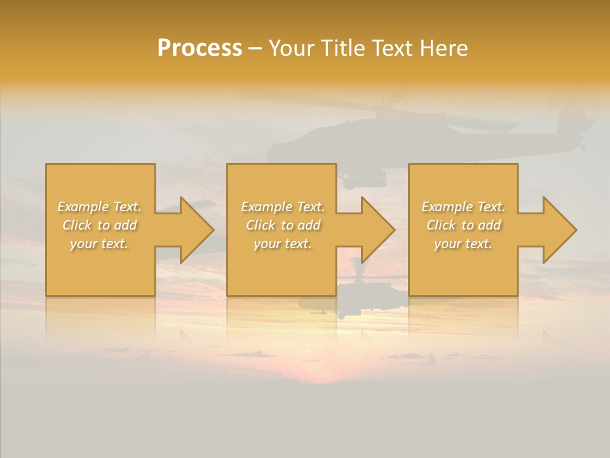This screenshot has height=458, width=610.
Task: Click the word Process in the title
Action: tap(200, 48)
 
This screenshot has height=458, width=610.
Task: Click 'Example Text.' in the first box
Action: tap(100, 207)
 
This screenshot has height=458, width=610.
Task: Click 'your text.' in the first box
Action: tap(100, 244)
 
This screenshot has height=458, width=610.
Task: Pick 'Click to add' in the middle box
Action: tap(283, 225)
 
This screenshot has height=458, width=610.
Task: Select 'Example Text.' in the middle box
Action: tap(283, 207)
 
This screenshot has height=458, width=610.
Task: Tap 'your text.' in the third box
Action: tap(463, 244)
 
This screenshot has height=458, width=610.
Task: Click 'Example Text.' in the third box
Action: tap(463, 207)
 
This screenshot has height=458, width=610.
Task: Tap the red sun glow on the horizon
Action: tap(324, 375)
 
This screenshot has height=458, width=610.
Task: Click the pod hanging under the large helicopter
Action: tap(363, 181)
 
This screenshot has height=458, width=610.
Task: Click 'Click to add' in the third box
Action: tap(463, 225)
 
